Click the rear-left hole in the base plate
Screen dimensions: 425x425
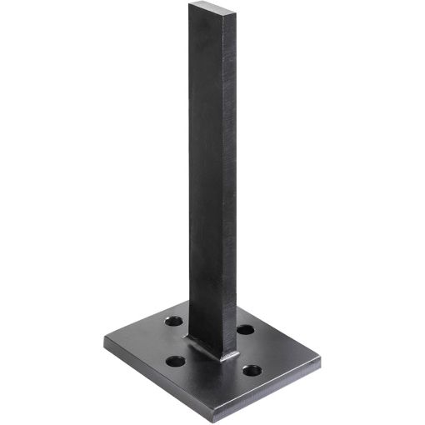[x=174, y=320]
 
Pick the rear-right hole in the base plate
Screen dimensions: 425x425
[x=245, y=330]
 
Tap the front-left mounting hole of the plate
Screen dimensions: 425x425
[x=175, y=362]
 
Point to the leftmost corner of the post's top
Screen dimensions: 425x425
[x=189, y=5]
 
